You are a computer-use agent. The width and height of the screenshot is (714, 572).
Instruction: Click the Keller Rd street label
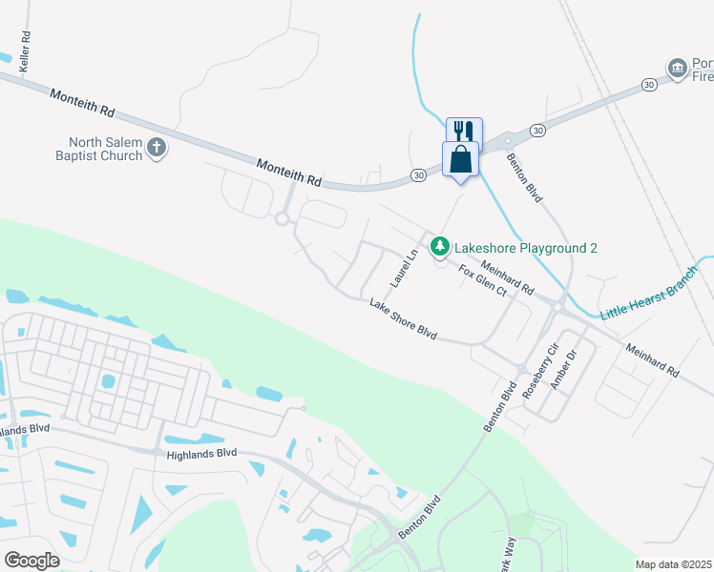26,52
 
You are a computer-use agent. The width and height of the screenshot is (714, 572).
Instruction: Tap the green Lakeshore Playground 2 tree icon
439,248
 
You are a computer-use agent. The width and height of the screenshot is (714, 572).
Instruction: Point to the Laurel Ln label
404,270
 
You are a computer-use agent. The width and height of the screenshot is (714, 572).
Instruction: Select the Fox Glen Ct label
481,283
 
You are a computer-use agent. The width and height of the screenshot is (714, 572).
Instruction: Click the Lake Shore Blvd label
403,320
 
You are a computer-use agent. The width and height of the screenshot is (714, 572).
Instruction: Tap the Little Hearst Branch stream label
649,300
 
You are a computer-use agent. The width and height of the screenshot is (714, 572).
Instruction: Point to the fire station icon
678,68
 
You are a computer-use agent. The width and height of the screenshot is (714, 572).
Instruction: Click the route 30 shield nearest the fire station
649,85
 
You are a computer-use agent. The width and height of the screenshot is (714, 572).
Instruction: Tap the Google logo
31,560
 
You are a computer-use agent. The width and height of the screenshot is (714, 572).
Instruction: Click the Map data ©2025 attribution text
673,564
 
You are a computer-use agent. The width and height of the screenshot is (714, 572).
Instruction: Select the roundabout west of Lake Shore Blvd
282,219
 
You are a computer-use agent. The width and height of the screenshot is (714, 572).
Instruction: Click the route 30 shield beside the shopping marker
419,174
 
